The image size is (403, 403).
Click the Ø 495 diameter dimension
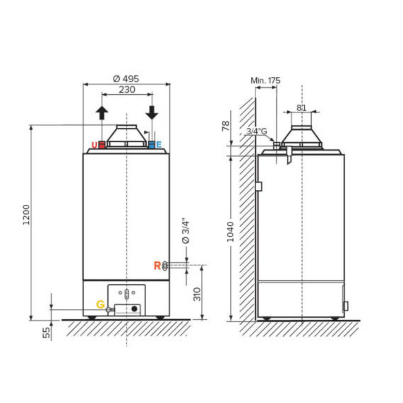click(x=126, y=79)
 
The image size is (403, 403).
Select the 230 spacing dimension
click(x=127, y=89)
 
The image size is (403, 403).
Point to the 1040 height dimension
click(x=230, y=231)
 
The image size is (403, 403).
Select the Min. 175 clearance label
click(x=265, y=81)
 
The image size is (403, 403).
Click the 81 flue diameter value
click(x=301, y=108)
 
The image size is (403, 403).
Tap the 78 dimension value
click(x=226, y=126)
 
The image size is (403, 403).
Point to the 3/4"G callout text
click(x=257, y=131)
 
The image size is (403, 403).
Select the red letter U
click(x=94, y=145)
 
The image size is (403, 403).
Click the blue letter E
click(x=159, y=145)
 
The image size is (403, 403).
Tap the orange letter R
click(x=157, y=266)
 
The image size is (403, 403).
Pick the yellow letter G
click(x=100, y=304)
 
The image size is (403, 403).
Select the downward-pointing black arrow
click(x=152, y=112)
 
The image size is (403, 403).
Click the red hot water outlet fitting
click(x=102, y=145)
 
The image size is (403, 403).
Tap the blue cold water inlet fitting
click(x=152, y=145)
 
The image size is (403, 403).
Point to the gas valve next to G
click(x=110, y=310)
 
